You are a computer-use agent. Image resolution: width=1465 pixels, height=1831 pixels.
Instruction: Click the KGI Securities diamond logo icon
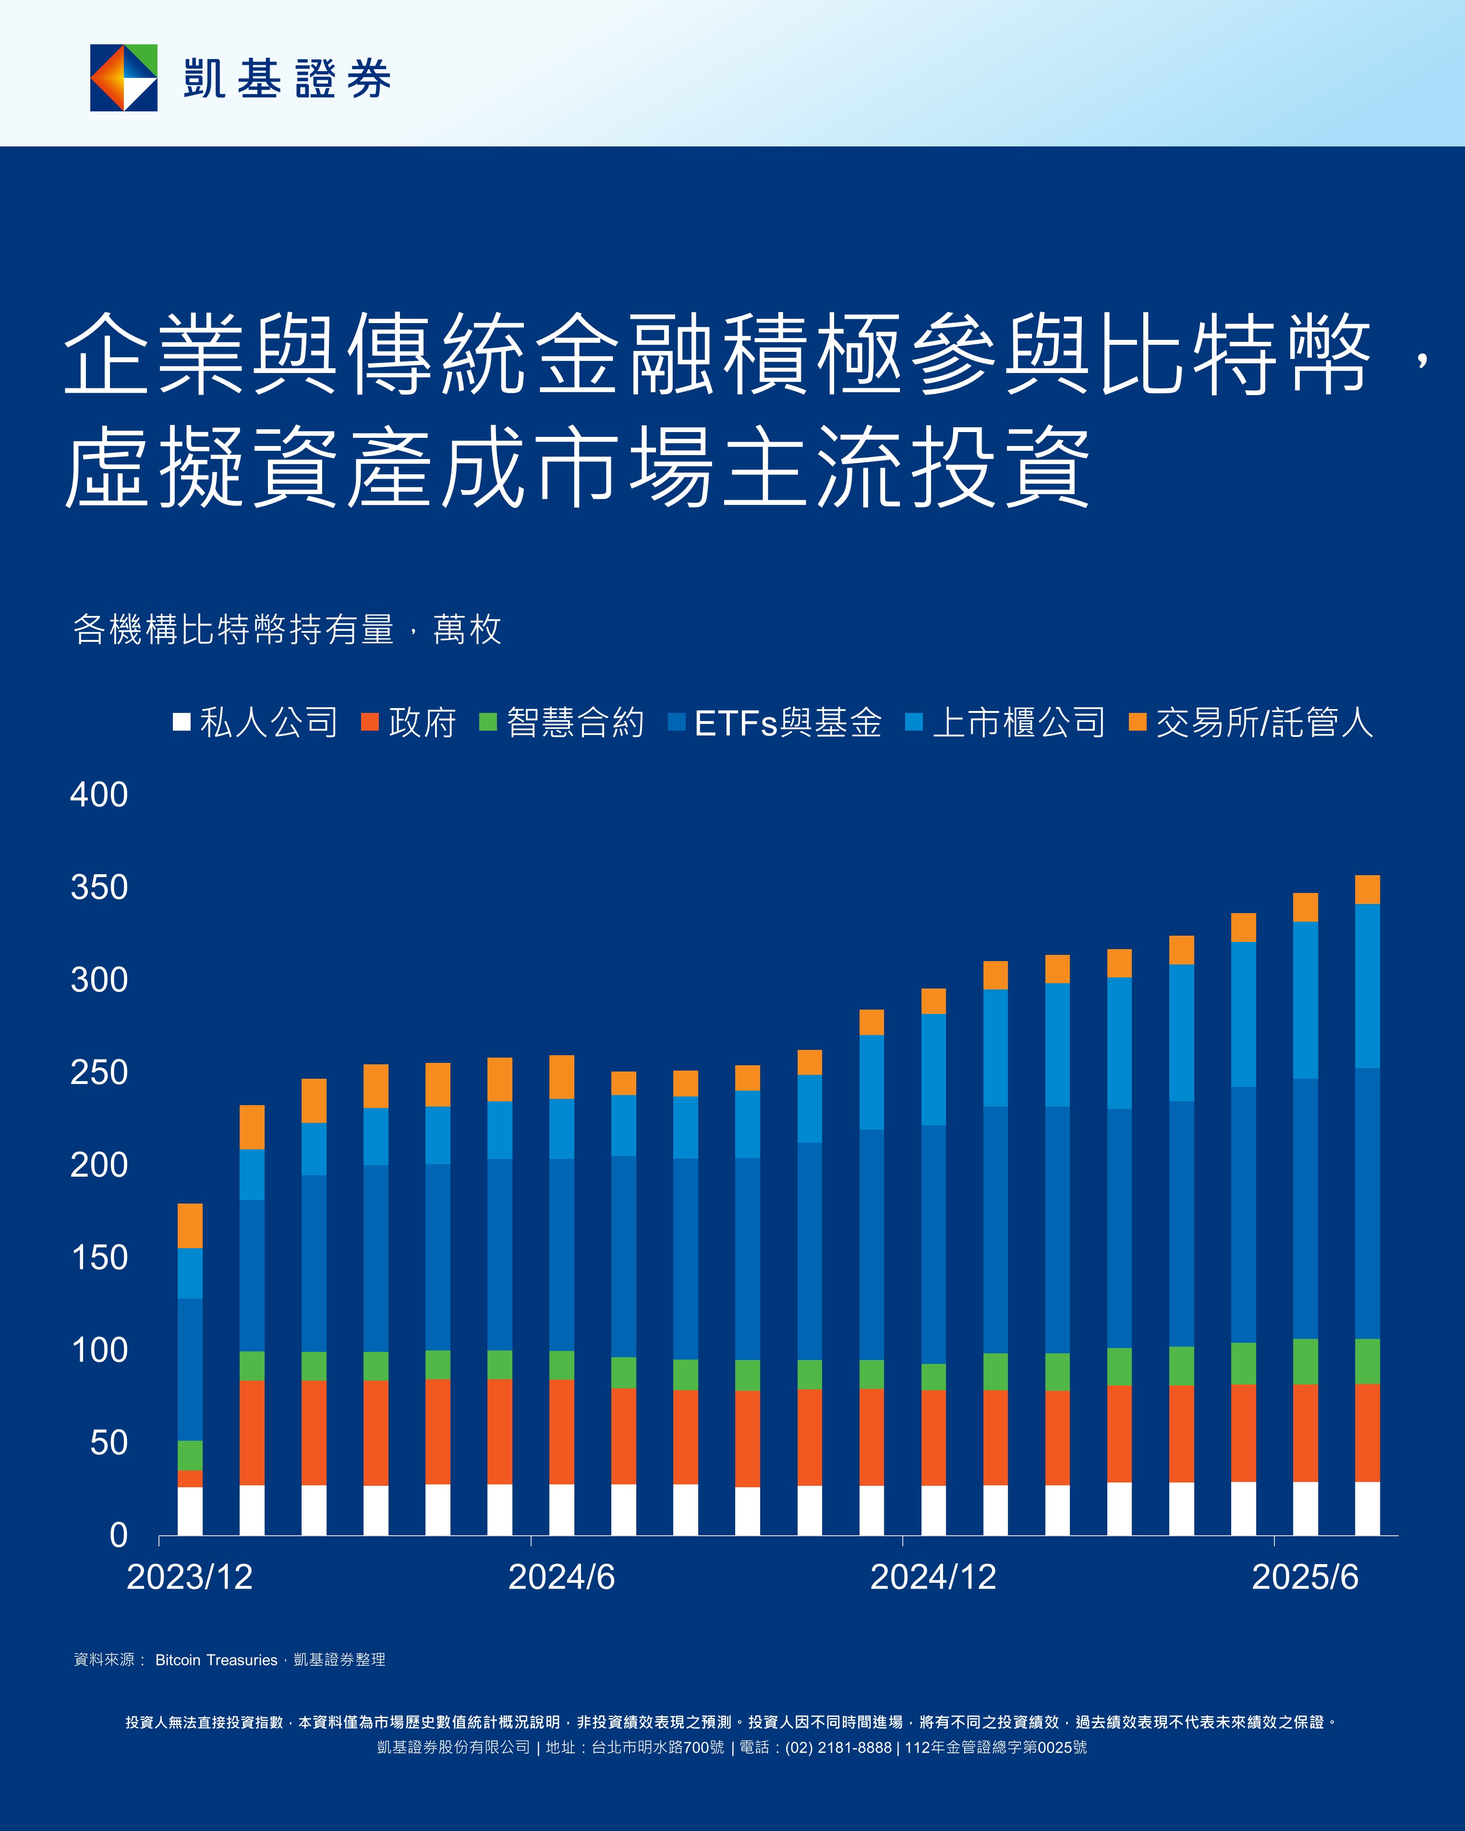pyautogui.click(x=124, y=78)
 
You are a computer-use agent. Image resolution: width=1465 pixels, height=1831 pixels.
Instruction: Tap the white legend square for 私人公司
pyautogui.click(x=181, y=722)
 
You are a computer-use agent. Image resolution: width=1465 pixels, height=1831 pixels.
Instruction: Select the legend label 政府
pyautogui.click(x=422, y=723)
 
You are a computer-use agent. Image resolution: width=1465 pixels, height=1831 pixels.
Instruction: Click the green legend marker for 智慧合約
pyautogui.click(x=487, y=722)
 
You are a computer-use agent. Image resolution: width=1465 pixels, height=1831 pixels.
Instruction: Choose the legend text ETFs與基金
pyautogui.click(x=787, y=723)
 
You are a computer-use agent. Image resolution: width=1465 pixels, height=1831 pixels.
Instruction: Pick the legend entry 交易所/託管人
pyautogui.click(x=1264, y=723)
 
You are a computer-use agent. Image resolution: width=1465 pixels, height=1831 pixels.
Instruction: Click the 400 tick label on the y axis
pyautogui.click(x=99, y=795)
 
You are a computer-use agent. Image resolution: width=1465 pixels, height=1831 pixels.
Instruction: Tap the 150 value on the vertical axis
pyautogui.click(x=99, y=1258)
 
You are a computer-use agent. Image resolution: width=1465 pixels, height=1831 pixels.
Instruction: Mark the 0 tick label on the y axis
pyautogui.click(x=119, y=1535)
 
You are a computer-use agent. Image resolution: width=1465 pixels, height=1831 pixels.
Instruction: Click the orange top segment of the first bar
pyautogui.click(x=190, y=1226)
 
